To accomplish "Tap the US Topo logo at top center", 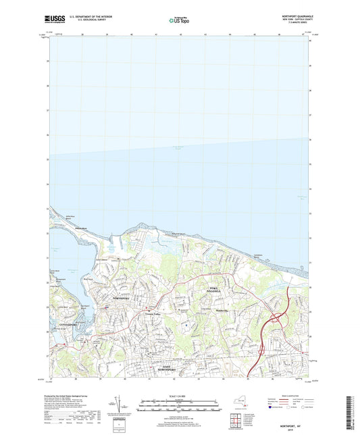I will [178, 21].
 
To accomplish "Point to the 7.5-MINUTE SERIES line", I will [295, 24].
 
